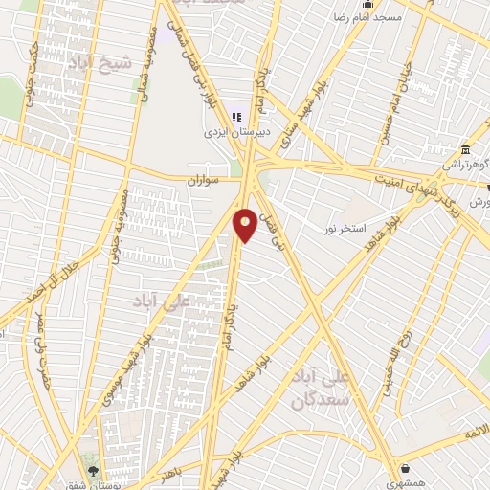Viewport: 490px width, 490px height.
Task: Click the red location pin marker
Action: (246, 224)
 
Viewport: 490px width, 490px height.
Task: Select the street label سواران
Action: (204, 179)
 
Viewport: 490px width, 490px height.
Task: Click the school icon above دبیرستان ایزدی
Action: (210, 117)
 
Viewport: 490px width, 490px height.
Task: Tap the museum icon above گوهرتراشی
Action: (465, 149)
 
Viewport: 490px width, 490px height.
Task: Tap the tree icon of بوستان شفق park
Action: (93, 471)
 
